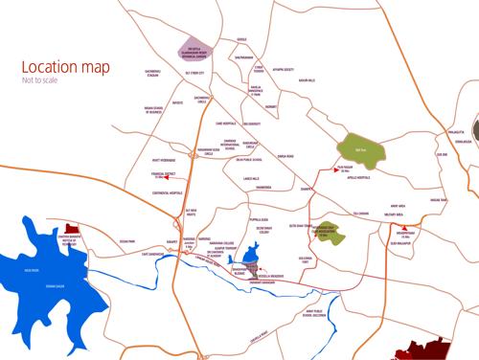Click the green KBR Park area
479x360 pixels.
(357, 149)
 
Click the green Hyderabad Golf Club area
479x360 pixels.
(337, 230)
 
